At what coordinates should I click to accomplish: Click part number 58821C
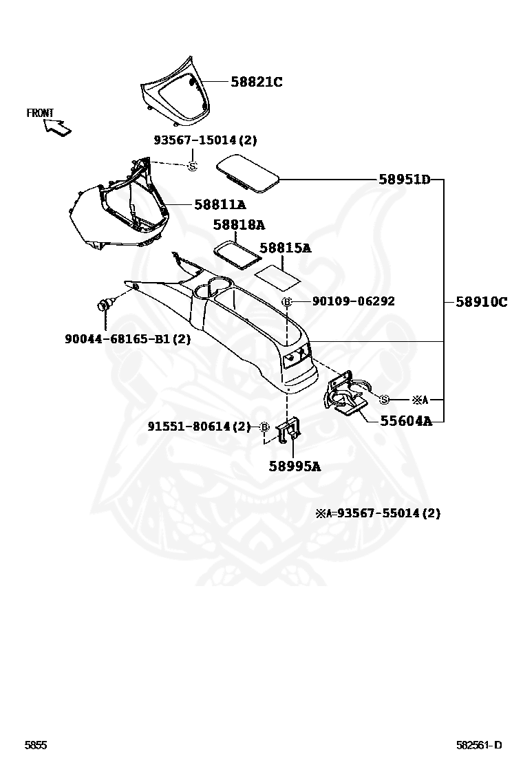pos(256,82)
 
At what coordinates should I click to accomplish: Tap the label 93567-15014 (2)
pos(204,140)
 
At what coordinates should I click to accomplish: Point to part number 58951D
pos(404,180)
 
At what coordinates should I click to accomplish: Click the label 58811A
pos(220,204)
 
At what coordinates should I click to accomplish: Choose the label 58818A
pos(239,225)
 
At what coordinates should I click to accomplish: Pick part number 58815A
pos(285,248)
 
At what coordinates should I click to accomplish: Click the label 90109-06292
pos(353,301)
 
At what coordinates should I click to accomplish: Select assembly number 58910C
pos(481,301)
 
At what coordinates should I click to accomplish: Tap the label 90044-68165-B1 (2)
pos(128,338)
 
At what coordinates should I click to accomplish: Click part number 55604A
pos(406,421)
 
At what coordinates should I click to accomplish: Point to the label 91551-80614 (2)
pos(199,427)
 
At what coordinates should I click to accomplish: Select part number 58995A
pos(295,466)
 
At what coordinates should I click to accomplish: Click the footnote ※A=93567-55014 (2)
pos(378,513)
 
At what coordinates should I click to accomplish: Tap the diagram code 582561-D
pos(480,745)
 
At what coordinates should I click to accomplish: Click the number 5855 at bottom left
pos(36,745)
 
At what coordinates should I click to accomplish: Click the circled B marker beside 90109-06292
pos(288,302)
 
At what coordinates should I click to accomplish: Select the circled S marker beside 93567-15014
pos(193,165)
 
